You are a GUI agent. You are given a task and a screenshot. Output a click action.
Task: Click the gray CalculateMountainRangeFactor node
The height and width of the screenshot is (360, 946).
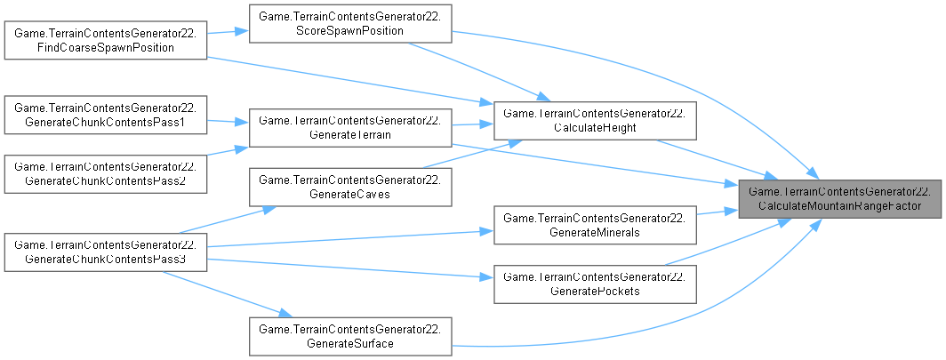tap(839, 198)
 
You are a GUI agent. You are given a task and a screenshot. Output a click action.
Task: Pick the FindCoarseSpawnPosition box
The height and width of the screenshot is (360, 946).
tap(106, 40)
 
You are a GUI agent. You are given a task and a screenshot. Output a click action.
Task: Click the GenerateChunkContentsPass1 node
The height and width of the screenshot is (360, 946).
tap(106, 114)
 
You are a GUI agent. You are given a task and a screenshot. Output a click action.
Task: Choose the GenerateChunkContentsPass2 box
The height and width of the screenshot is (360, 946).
tap(106, 172)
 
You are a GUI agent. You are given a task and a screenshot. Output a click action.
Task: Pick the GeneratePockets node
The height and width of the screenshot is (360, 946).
tap(594, 284)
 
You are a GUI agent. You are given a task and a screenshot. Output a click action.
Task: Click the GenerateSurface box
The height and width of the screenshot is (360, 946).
tap(352, 335)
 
